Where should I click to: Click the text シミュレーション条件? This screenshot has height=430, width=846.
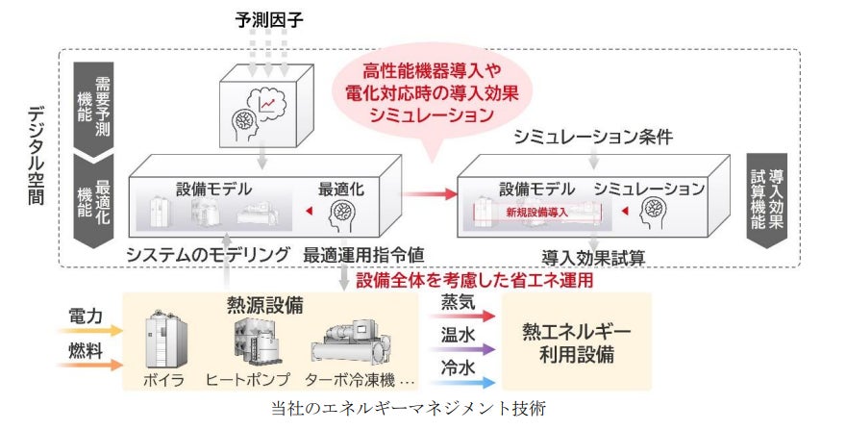pyautogui.click(x=591, y=137)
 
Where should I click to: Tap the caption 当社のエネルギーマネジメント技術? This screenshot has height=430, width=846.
pyautogui.click(x=408, y=409)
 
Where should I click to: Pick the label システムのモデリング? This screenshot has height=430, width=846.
pyautogui.click(x=208, y=256)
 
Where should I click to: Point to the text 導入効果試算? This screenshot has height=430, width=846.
pyautogui.click(x=591, y=257)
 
